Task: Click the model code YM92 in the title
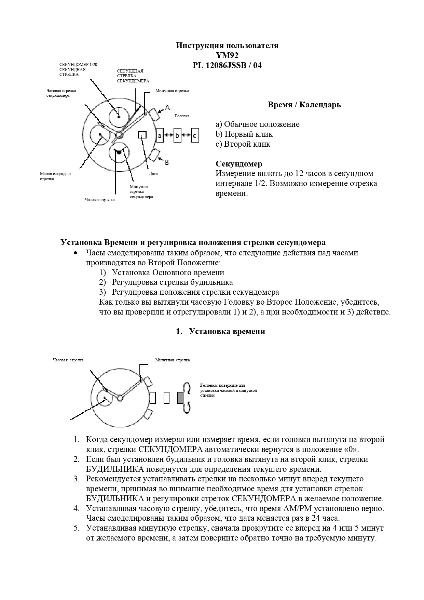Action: pos(227,55)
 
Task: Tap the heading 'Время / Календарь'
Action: pos(304,105)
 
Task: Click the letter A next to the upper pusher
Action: pos(167,108)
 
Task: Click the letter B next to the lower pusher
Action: pos(166,162)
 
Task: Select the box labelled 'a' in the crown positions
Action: pos(160,135)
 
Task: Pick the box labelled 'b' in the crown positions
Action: pos(177,135)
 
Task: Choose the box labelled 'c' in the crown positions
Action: pos(195,135)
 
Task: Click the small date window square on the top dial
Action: pos(142,135)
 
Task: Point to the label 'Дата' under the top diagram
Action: pos(153,174)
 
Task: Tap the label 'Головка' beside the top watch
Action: pos(182,116)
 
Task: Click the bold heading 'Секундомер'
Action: pos(239,164)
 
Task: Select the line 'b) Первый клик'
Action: pos(244,134)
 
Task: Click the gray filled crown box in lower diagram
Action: pos(180,398)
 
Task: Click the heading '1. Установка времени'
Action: pos(220,331)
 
